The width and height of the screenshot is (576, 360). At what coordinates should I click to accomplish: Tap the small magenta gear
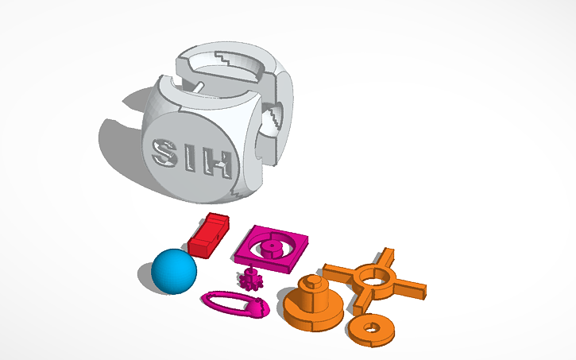252,279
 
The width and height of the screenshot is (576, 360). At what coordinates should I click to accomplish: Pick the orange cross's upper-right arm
385,258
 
